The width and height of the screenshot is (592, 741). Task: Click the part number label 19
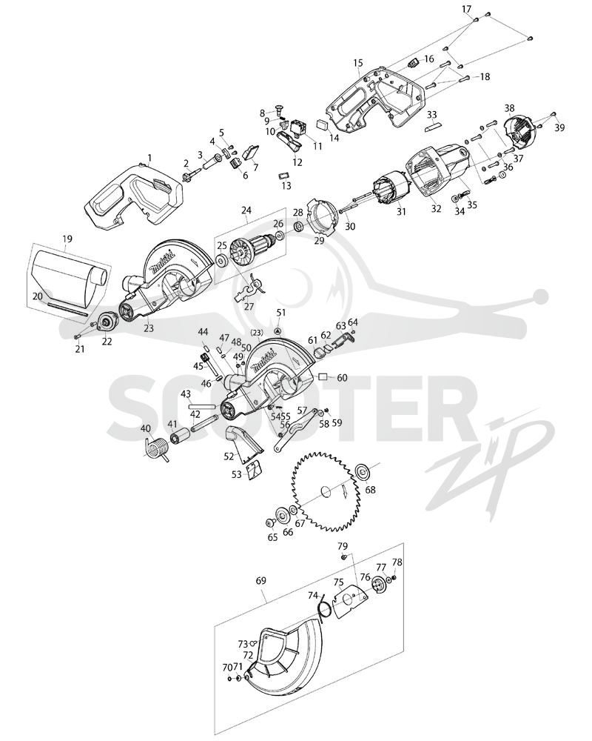click(x=67, y=239)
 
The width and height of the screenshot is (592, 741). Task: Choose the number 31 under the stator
click(x=401, y=212)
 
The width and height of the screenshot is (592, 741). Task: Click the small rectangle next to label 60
click(x=323, y=376)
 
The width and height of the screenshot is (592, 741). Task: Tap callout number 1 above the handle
click(x=149, y=156)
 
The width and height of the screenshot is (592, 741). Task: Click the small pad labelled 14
click(x=322, y=124)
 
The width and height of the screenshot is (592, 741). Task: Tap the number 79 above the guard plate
click(x=343, y=546)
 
